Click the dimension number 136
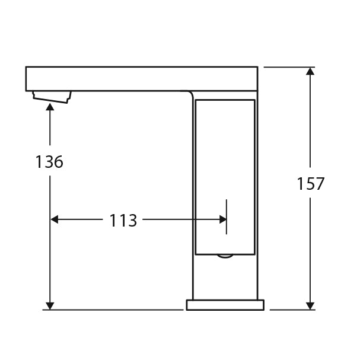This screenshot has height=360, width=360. pyautogui.click(x=49, y=161)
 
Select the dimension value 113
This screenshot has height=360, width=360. pyautogui.click(x=123, y=221)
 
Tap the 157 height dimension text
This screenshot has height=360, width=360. pyautogui.click(x=311, y=184)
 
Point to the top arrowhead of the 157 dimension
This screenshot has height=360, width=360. pyautogui.click(x=310, y=71)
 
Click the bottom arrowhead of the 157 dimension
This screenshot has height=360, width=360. pyautogui.click(x=310, y=305)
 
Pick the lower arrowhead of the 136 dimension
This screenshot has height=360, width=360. pyautogui.click(x=50, y=305)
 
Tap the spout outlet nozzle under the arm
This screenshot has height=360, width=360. pyautogui.click(x=52, y=95)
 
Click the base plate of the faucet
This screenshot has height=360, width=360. pyautogui.click(x=225, y=305)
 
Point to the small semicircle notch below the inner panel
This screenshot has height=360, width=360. pyautogui.click(x=225, y=256)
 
